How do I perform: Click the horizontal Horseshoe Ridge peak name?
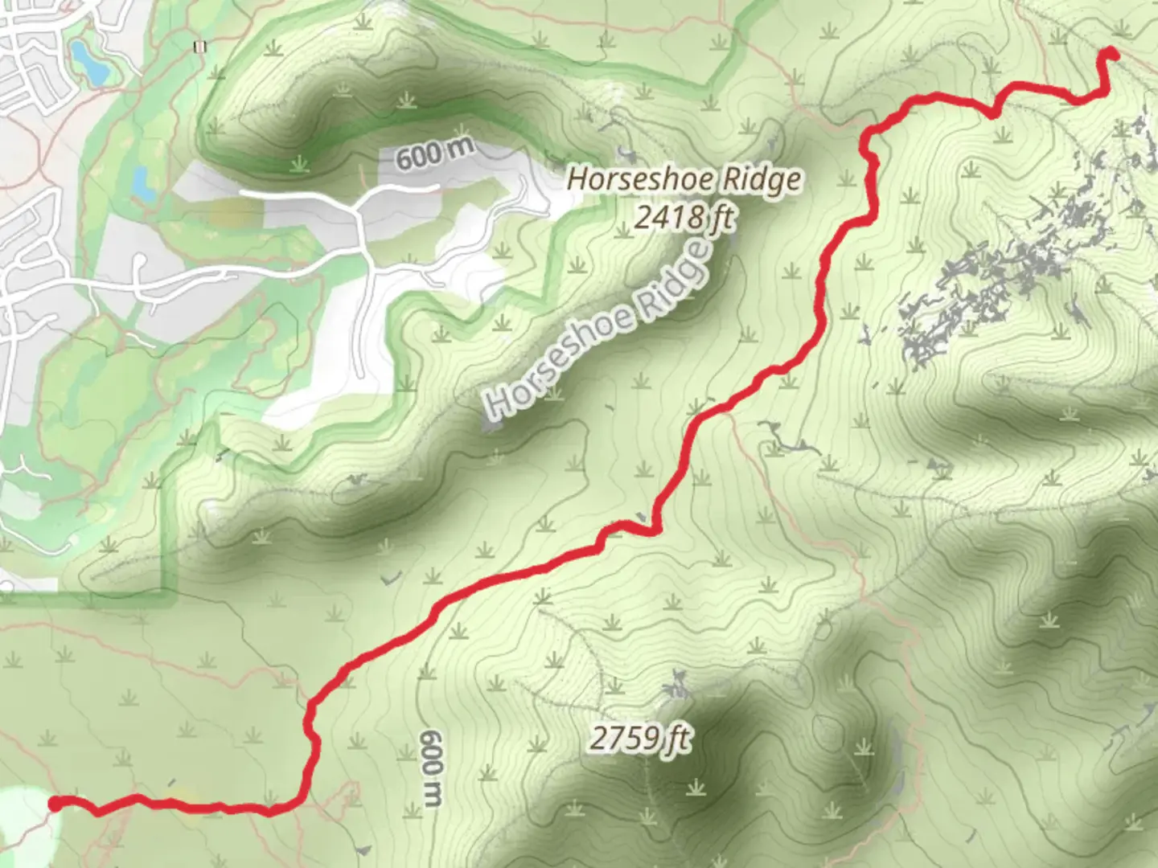point(684,178)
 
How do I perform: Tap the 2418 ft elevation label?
point(684,216)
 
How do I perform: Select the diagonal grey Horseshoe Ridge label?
point(600,330)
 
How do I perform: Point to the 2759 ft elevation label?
point(640,738)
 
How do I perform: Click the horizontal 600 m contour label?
point(435,153)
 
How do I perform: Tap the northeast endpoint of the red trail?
point(1112,53)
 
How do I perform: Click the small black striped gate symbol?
point(199,47)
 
